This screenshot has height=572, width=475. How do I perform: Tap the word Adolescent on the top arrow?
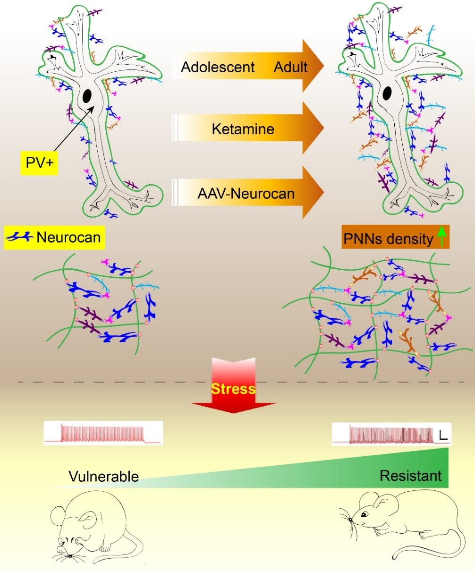click(x=218, y=67)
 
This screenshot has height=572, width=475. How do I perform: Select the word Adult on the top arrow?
click(x=290, y=67)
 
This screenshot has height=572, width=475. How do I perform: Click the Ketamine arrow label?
click(x=243, y=128)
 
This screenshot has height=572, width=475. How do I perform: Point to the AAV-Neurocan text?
click(x=246, y=193)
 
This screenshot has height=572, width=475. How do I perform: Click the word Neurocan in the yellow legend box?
click(x=68, y=236)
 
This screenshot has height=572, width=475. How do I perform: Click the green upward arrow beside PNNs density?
click(x=441, y=236)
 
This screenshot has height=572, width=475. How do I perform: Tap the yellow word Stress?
click(x=233, y=389)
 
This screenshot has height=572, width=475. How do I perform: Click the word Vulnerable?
click(x=104, y=476)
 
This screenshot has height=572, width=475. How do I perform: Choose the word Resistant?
click(x=411, y=476)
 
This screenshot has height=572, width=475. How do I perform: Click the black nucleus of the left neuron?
click(x=87, y=96)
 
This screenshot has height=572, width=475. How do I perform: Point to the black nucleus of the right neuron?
click(x=387, y=93)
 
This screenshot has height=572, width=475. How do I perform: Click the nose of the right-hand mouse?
click(x=351, y=520)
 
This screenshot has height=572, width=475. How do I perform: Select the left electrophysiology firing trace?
click(x=103, y=433)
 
